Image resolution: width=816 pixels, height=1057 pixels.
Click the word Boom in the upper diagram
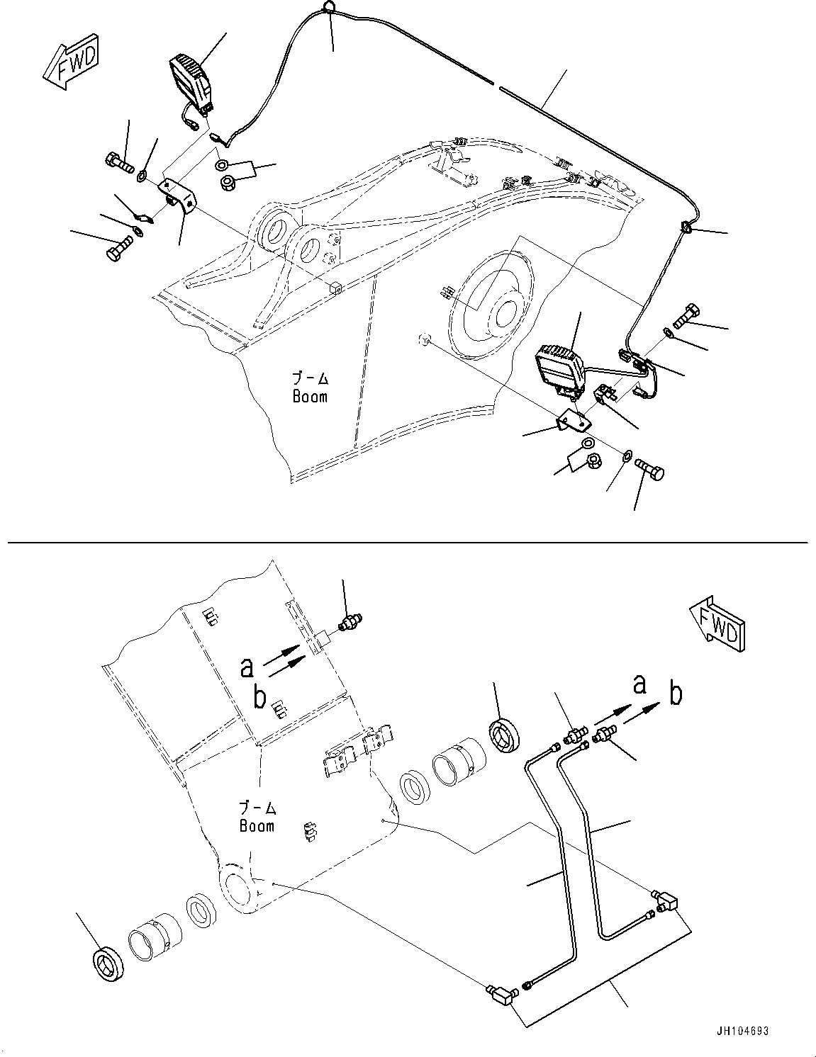tap(310, 397)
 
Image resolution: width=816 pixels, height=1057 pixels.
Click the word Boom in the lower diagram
tap(257, 826)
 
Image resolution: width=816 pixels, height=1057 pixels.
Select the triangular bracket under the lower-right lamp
tap(572, 423)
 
